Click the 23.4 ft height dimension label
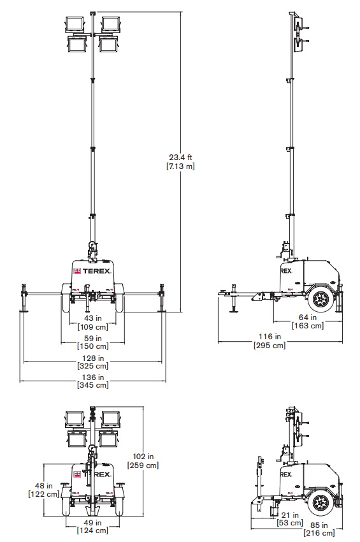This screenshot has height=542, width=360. pyautogui.click(x=180, y=162)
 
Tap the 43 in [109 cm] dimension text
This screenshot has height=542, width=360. pyautogui.click(x=92, y=322)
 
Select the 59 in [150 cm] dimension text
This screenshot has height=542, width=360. pyautogui.click(x=92, y=342)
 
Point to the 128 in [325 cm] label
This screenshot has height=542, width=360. pyautogui.click(x=92, y=362)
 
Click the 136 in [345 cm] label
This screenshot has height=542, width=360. pyautogui.click(x=92, y=381)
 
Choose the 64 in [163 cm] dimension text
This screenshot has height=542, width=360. pyautogui.click(x=308, y=321)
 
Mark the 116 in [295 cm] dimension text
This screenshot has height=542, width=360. pyautogui.click(x=270, y=341)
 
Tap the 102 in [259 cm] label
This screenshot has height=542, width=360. pyautogui.click(x=143, y=461)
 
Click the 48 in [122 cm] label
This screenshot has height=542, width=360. pyautogui.click(x=43, y=490)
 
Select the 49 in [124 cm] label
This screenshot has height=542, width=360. pyautogui.click(x=92, y=526)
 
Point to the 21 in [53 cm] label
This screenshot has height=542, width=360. pyautogui.click(x=290, y=519)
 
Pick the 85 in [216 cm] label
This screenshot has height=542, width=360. pyautogui.click(x=319, y=529)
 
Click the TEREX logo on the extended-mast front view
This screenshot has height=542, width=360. pyautogui.click(x=92, y=272)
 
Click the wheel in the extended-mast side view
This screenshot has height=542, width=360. pyautogui.click(x=321, y=298)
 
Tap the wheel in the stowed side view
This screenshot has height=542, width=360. pyautogui.click(x=321, y=502)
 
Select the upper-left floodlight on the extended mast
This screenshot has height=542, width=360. pyautogui.click(x=75, y=24)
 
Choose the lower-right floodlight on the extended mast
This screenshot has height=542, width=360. pyautogui.click(x=110, y=44)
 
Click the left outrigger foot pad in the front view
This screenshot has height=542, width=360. pyautogui.click(x=24, y=311)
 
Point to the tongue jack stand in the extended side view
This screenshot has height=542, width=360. pyautogui.click(x=234, y=298)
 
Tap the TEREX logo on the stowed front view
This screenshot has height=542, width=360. pyautogui.click(x=92, y=474)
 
